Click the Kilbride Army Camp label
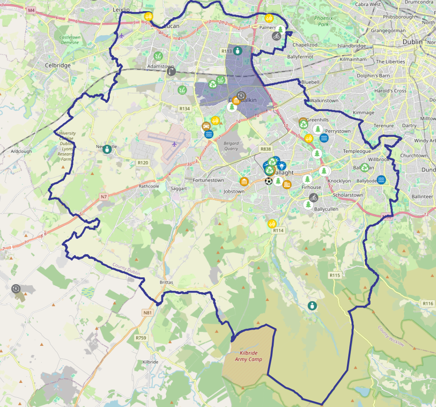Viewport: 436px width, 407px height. click(248, 356)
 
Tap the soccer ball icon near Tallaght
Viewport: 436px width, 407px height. click(269, 181)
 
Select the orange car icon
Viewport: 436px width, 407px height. click(206, 126)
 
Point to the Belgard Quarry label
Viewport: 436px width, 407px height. click(231, 145)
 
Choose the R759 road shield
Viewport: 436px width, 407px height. click(141, 338)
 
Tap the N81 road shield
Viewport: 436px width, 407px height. click(147, 313)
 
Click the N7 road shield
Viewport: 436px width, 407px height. click(103, 197)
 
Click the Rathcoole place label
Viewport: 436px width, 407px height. click(149, 187)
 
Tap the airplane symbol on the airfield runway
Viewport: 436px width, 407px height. click(174, 144)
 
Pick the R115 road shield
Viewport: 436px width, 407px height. click(335, 276)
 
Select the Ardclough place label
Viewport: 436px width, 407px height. click(21, 151)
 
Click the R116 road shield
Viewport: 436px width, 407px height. click(428, 303)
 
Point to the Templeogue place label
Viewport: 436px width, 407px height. click(357, 151)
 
